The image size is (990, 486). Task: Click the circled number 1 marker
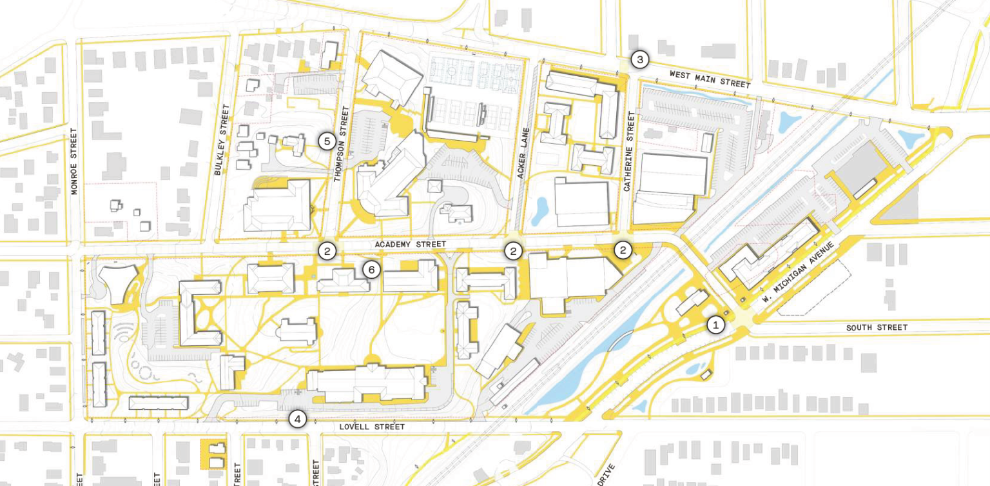click(715, 325)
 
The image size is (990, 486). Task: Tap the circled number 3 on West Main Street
click(639, 60)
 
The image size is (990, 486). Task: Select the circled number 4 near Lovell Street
click(297, 419)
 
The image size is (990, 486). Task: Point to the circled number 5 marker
click(327, 141)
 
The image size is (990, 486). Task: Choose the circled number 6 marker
click(371, 269)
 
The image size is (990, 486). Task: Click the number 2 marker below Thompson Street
click(327, 251)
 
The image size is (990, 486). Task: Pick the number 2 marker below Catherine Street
click(623, 250)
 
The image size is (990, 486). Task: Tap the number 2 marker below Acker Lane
click(513, 251)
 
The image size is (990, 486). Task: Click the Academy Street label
click(411, 245)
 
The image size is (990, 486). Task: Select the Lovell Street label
click(373, 427)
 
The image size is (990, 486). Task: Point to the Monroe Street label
click(74, 161)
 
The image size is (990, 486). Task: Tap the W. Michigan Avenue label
click(798, 272)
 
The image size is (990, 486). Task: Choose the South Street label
click(877, 328)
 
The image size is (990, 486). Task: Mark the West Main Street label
click(710, 79)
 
